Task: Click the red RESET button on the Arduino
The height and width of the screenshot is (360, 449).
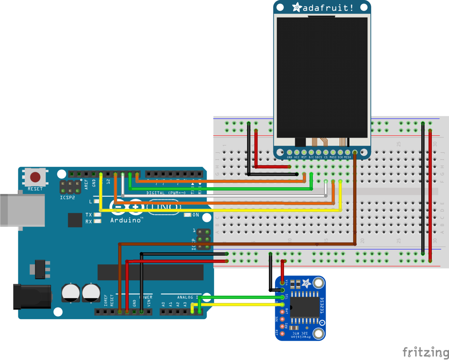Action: tap(35, 177)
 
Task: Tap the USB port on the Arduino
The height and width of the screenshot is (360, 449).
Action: tap(23, 210)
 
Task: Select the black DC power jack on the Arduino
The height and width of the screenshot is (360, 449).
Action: tap(32, 297)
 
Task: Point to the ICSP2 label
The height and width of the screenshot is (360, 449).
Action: tap(67, 198)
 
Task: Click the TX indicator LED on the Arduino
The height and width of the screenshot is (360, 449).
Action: tap(97, 215)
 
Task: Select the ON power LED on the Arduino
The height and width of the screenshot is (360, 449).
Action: tap(187, 215)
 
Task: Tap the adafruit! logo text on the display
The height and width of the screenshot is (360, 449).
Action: tap(327, 8)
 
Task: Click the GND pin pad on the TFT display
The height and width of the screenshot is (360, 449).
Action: tap(289, 152)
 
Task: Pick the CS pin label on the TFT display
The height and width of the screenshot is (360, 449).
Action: tap(326, 157)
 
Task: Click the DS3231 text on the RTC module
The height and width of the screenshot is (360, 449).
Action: tap(322, 306)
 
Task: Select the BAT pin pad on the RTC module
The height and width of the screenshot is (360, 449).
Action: tap(282, 312)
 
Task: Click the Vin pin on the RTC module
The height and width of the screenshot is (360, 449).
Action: tap(282, 283)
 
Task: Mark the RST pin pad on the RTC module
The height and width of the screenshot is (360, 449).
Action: tap(282, 333)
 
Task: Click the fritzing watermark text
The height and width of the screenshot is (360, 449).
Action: tap(425, 352)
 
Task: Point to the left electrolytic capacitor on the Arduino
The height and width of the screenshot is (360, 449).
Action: tap(71, 293)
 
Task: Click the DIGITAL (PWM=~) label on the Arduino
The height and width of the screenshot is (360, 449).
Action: tap(166, 193)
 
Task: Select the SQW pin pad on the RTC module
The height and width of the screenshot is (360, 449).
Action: tap(282, 326)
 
